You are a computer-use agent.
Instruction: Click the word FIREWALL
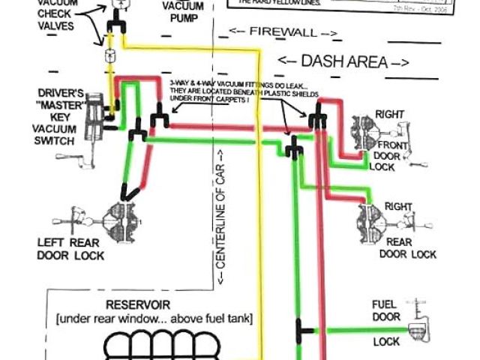281,34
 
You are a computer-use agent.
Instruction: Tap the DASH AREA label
343,61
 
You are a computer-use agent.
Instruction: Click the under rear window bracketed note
154,319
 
